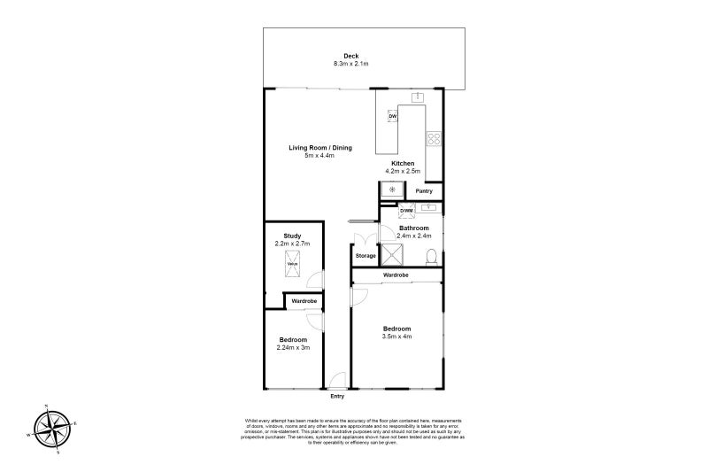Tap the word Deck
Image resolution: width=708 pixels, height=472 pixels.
[x=350, y=56]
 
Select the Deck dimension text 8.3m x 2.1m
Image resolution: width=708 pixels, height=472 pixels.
[x=350, y=64]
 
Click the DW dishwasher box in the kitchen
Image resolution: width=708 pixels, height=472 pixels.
[x=392, y=116]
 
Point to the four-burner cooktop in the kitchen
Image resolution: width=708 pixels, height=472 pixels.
[x=434, y=138]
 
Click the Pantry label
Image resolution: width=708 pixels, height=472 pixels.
[x=424, y=190]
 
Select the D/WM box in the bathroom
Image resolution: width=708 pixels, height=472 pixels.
[x=406, y=210]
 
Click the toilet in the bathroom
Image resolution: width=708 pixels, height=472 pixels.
[x=431, y=256]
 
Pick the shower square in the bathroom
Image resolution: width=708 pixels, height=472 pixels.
[x=393, y=255]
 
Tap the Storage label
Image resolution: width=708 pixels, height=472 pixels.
[x=366, y=256]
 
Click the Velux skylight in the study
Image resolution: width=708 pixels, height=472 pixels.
[x=291, y=263]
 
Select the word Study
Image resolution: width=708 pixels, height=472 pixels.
[x=291, y=235]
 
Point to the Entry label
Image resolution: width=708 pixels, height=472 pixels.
[x=336, y=396]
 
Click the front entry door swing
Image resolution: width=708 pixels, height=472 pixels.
[x=335, y=382]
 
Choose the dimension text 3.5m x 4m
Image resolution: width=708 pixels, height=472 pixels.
[x=396, y=337]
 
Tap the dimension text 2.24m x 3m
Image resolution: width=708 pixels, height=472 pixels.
[x=293, y=347]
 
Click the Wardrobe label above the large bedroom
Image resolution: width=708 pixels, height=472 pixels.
[x=396, y=275]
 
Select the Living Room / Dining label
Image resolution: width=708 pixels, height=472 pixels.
[x=320, y=148]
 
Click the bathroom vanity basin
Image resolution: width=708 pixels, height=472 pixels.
[x=429, y=208]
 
